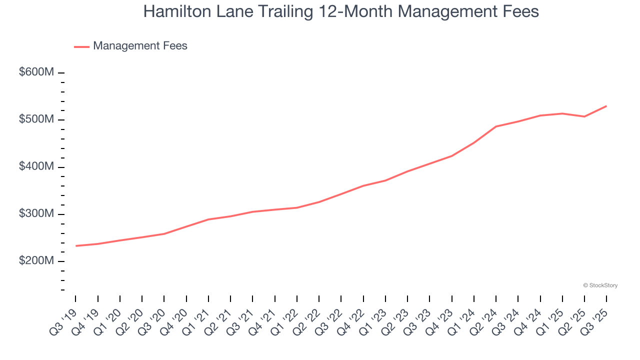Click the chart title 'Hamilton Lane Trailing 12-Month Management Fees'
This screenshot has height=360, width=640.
click(341, 11)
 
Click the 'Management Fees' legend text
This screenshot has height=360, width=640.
click(140, 46)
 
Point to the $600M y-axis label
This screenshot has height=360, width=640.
click(36, 72)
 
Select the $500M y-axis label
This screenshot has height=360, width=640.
click(36, 119)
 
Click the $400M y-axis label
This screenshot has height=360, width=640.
click(36, 166)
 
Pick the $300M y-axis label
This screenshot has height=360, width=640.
click(36, 214)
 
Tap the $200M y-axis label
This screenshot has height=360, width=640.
click(36, 261)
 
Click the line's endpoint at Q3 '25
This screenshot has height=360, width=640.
click(606, 106)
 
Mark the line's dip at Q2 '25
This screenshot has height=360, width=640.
click(584, 116)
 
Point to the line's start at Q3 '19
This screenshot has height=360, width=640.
click(76, 246)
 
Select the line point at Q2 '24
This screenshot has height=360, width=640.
click(496, 126)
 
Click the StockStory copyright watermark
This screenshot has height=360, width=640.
click(600, 285)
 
